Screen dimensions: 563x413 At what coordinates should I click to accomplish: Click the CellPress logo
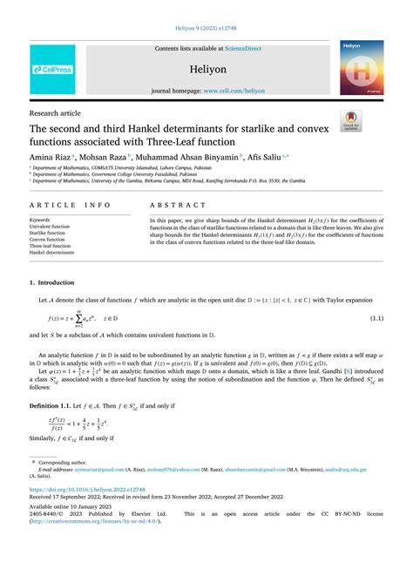[x=52, y=69]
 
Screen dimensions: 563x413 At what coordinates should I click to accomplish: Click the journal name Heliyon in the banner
[x=206, y=67]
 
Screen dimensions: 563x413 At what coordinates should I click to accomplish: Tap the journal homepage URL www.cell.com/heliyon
[x=227, y=91]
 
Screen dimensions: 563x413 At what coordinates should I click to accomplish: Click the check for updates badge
[x=351, y=120]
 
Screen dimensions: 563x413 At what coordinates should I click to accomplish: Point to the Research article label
[x=55, y=112]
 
